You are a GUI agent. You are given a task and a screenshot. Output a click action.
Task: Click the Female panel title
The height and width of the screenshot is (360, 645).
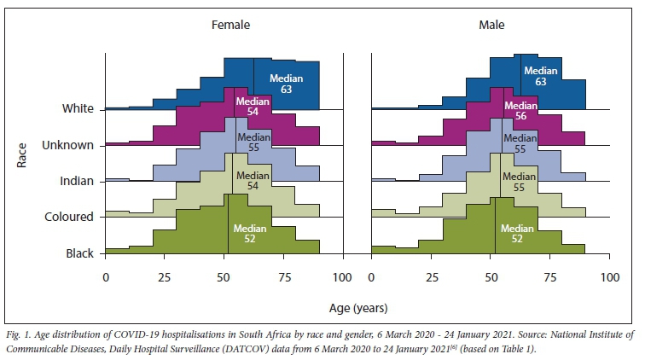[x=230, y=26]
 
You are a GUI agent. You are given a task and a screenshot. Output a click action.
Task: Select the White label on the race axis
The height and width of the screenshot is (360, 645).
[x=78, y=109]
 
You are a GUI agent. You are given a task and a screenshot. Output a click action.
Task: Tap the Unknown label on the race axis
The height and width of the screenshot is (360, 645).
[x=68, y=145]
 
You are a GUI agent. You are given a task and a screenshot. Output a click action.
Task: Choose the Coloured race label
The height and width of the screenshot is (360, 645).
[x=68, y=217]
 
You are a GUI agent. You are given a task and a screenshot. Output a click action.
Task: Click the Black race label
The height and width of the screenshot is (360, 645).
[x=78, y=253]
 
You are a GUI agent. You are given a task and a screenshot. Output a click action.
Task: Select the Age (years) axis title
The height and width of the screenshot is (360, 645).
[x=357, y=305]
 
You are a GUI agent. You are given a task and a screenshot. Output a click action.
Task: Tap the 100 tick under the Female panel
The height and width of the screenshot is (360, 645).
[x=342, y=278]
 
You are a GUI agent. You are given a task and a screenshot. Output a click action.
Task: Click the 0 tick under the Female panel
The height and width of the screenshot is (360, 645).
[x=106, y=278]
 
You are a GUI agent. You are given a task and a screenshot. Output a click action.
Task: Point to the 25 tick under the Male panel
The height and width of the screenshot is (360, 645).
[x=432, y=278]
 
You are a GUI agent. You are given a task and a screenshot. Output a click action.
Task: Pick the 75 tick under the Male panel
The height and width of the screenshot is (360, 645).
[x=550, y=278]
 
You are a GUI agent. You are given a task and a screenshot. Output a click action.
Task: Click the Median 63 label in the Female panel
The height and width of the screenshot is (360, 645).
[x=287, y=84]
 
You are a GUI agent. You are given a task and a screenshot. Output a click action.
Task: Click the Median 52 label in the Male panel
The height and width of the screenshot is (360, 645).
[x=517, y=234]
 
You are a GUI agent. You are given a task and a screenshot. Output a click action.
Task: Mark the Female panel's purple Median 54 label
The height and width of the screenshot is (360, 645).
[x=252, y=107]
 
